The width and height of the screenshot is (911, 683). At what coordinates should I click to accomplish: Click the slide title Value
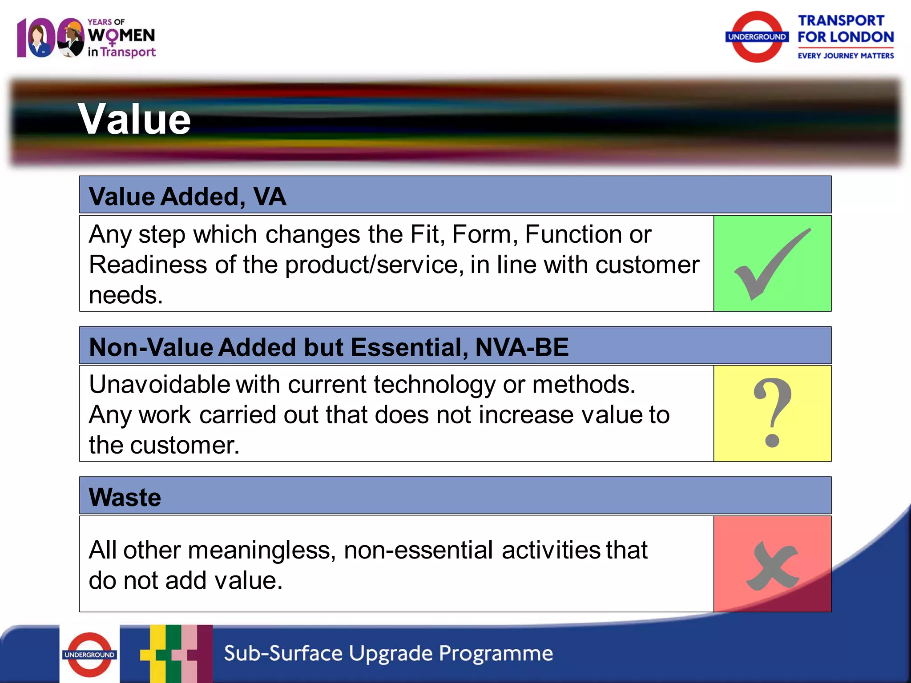point(134,119)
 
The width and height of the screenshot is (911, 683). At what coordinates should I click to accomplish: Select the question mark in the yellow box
point(773,413)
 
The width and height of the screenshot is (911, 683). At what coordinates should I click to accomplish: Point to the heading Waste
point(125,497)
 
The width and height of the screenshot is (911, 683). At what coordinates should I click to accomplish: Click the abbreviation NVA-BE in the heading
point(522,347)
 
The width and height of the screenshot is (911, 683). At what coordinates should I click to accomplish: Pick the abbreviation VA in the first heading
point(270,197)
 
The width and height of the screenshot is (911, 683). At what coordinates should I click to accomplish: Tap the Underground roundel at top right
point(757,37)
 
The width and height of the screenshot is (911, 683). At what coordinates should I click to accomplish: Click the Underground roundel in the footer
point(89,655)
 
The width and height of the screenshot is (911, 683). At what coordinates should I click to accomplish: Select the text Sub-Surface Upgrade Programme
point(388,653)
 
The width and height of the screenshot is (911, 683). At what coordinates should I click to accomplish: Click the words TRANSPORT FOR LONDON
point(845,29)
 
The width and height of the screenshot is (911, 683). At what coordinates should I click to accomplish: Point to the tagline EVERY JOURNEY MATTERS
point(845,56)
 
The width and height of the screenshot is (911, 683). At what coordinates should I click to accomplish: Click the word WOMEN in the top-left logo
point(121,36)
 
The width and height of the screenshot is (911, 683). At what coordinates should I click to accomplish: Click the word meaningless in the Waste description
point(262,550)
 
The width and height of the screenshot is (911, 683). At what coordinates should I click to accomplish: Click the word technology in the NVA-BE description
point(434,385)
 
